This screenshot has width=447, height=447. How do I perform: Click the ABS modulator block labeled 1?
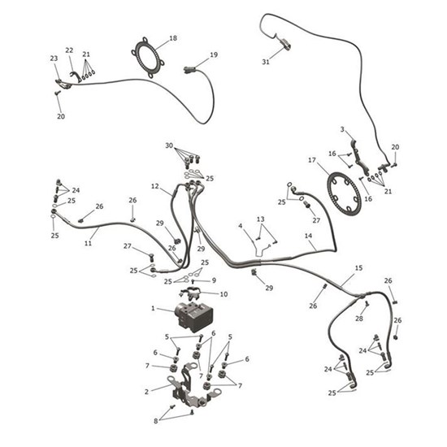tap(194, 315)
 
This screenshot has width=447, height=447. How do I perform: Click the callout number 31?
tap(266, 62)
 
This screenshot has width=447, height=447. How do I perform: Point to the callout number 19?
tap(214, 54)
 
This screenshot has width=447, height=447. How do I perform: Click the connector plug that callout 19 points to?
tap(189, 69)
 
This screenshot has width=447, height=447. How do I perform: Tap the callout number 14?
tap(309, 236)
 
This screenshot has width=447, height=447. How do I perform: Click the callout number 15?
tap(358, 268)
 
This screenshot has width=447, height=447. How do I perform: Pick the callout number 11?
tap(88, 243)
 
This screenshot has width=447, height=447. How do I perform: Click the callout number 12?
tap(154, 186)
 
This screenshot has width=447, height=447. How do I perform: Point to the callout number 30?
tap(169, 145)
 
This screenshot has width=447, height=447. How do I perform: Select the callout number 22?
tap(69, 50)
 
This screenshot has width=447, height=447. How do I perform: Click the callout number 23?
tap(54, 59)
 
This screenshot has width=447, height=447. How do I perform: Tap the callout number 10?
tap(223, 294)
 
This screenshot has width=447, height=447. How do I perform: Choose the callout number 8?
tap(156, 421)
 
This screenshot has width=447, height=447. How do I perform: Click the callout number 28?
tap(359, 318)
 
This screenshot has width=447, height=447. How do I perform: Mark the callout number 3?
tap(342, 130)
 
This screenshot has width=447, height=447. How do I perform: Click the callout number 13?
tap(261, 219)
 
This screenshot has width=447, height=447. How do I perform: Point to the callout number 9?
tap(214, 280)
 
